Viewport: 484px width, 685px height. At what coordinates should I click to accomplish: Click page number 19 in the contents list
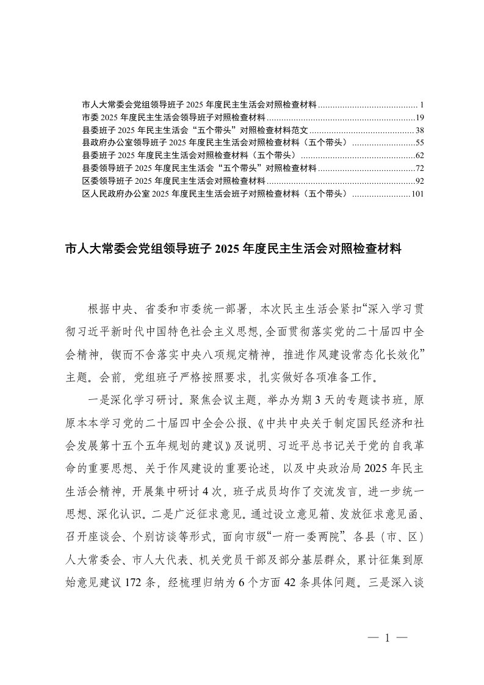click(x=419, y=117)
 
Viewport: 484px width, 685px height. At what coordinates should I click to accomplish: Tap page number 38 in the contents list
click(x=419, y=130)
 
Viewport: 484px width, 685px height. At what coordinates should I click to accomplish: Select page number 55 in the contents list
click(x=419, y=142)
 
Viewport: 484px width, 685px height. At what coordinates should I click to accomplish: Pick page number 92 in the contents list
click(x=419, y=181)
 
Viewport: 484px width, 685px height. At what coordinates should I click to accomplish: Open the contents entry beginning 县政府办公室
click(x=215, y=142)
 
